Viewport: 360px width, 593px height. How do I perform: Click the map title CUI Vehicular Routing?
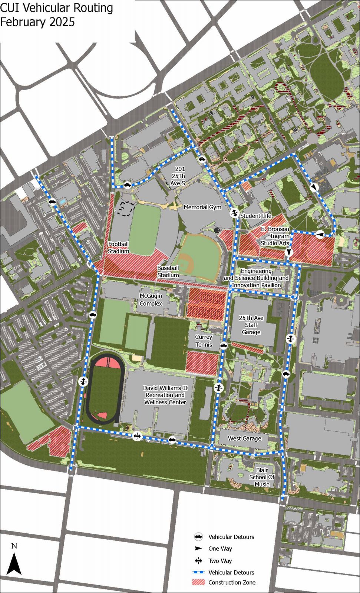56,8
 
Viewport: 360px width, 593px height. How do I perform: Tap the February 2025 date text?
37,22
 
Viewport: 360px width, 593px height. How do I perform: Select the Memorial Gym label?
202,207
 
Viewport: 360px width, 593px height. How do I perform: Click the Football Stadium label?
119,248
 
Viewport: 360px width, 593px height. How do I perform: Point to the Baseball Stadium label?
168,271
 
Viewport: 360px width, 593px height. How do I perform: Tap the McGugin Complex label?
151,299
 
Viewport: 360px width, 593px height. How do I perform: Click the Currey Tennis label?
204,341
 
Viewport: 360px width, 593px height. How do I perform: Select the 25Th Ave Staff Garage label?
251,325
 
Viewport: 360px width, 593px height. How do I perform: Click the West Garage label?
244,438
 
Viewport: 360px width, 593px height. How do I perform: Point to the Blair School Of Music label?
262,477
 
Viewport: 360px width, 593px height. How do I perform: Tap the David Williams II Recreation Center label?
165,395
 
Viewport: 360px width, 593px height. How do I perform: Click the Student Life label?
256,216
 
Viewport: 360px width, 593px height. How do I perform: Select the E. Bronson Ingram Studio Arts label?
275,236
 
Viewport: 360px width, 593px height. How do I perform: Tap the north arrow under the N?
14,564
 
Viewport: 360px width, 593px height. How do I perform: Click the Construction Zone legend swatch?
198,582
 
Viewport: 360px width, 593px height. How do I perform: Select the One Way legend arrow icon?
199,549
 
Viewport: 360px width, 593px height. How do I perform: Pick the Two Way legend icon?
199,561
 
